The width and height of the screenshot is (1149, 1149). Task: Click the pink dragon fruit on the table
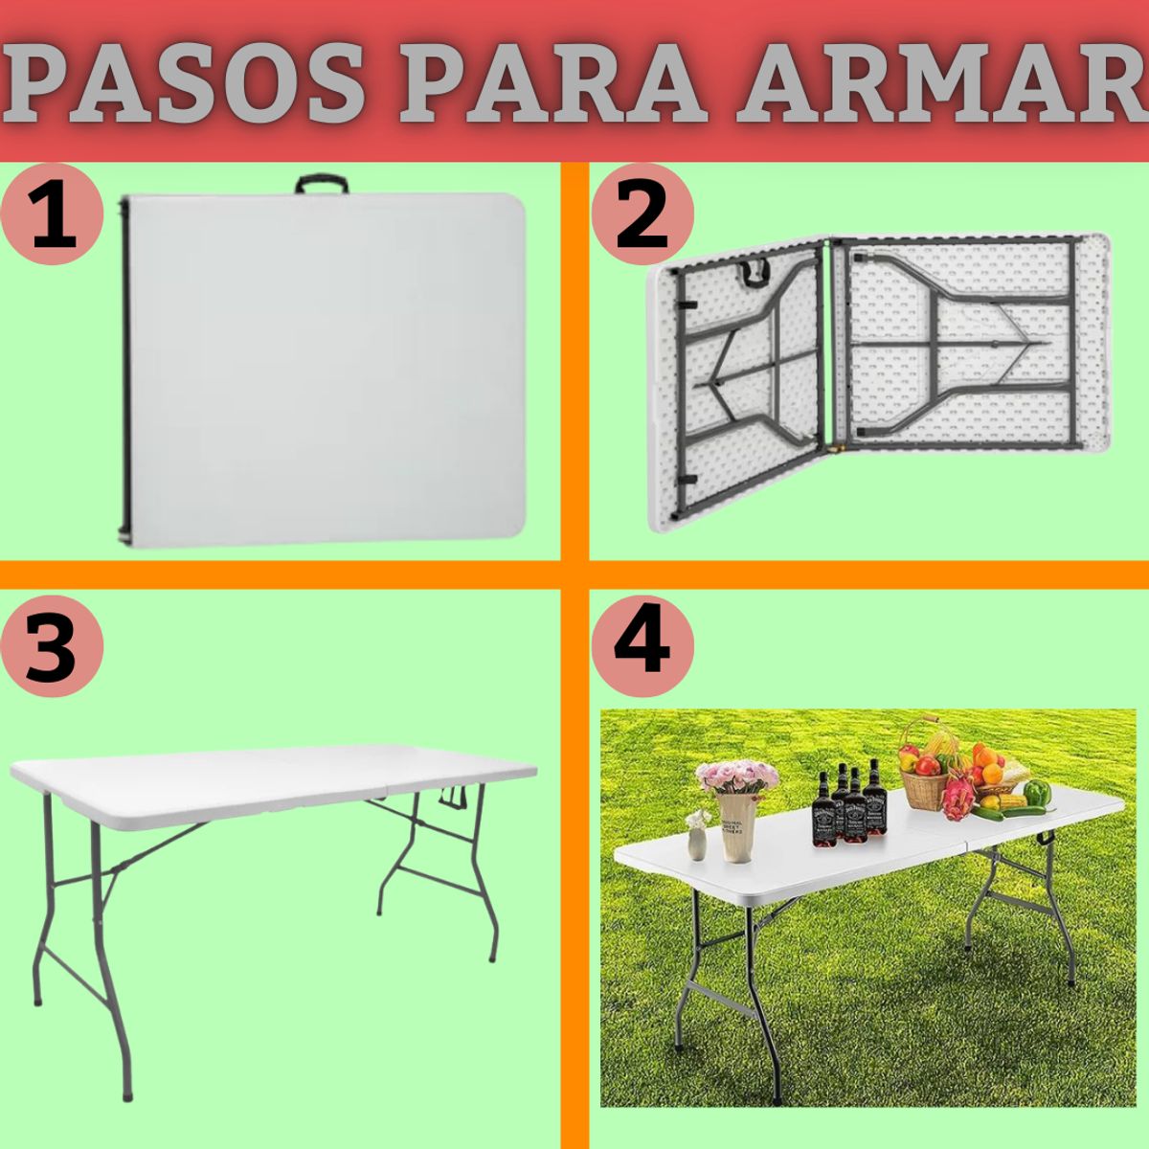tap(957, 800)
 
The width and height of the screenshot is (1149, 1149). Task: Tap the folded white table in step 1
tap(326, 369)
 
